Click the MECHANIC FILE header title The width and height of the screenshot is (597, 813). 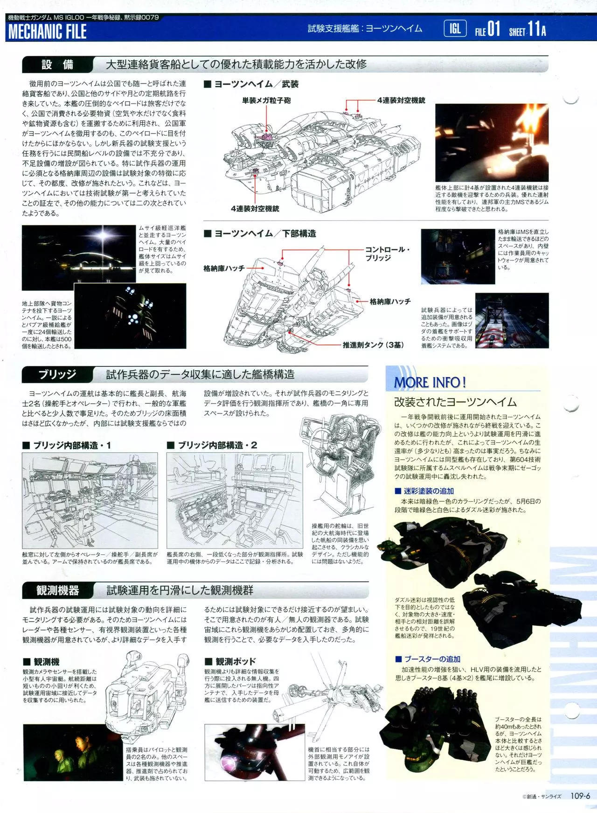(48, 32)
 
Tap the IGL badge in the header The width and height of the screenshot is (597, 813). (455, 29)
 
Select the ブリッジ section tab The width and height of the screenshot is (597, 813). (57, 375)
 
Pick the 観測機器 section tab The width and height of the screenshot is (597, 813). (57, 591)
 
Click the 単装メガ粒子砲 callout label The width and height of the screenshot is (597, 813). (266, 100)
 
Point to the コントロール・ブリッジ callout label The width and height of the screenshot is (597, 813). (388, 253)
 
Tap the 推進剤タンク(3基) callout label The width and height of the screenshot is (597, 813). (373, 345)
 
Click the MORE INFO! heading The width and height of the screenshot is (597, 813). (430, 382)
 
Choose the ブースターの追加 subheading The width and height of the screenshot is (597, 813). (428, 659)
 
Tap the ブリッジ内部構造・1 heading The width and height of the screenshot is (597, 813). (67, 445)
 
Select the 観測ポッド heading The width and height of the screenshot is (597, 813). (230, 661)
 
